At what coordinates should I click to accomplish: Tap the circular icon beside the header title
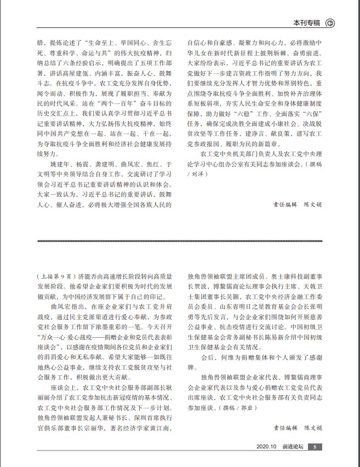(x=330, y=23)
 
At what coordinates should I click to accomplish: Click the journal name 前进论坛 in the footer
(x=292, y=447)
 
